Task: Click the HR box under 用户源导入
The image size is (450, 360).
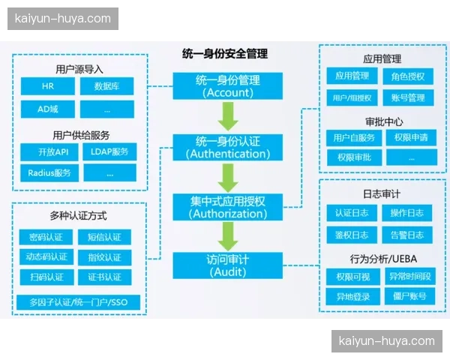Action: pyautogui.click(x=48, y=86)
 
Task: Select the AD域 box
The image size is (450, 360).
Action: pyautogui.click(x=48, y=109)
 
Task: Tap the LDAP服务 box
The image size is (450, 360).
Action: pyautogui.click(x=109, y=151)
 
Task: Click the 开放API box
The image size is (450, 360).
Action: pyautogui.click(x=48, y=151)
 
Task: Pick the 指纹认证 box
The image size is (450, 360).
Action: pyautogui.click(x=104, y=257)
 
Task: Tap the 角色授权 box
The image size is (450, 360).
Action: pyautogui.click(x=407, y=76)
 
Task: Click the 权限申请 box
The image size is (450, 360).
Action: pyautogui.click(x=407, y=137)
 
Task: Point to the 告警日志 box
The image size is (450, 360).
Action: pyautogui.click(x=407, y=235)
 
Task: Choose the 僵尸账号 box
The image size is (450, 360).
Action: pyautogui.click(x=407, y=296)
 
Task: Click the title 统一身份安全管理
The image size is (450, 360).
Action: pyautogui.click(x=225, y=54)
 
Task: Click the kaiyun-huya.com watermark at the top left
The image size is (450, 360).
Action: pyautogui.click(x=63, y=19)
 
